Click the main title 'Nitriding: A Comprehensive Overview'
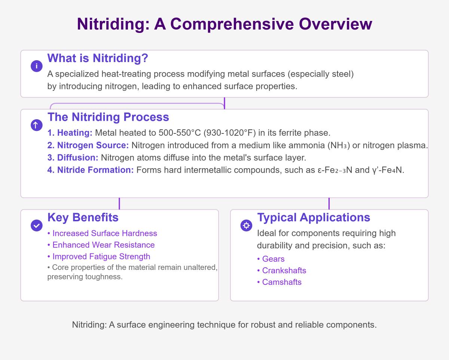[224, 24]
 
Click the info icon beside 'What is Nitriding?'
[36, 66]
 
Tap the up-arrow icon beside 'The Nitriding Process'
[36, 125]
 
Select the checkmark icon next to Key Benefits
[36, 225]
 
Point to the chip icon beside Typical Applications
[246, 225]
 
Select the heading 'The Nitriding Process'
[108, 117]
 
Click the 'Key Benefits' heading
[83, 217]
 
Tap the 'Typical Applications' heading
[314, 217]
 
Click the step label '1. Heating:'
[70, 133]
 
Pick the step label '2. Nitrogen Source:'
[88, 145]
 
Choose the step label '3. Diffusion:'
[73, 158]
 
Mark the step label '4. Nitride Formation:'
[91, 170]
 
